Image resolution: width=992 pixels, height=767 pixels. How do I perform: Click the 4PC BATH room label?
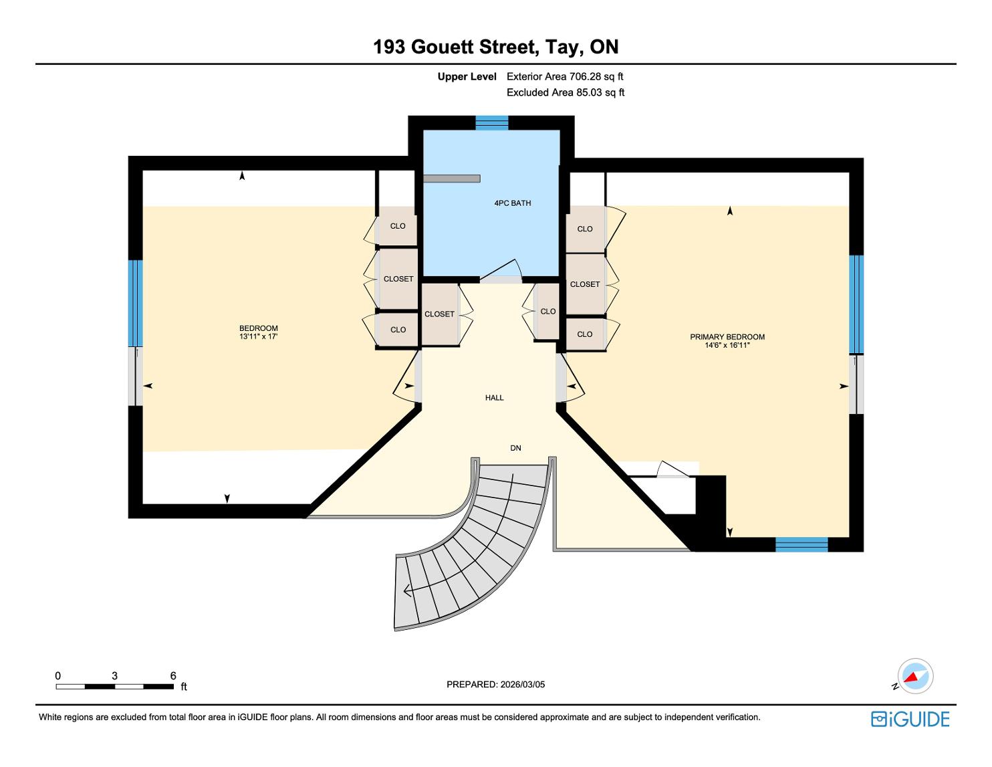pyautogui.click(x=512, y=203)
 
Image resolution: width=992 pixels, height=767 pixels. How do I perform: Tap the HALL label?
pyautogui.click(x=494, y=398)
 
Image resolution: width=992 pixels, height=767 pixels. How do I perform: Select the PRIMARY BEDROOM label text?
pyautogui.click(x=727, y=337)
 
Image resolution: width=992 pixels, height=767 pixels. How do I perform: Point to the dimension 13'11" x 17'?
pyautogui.click(x=259, y=336)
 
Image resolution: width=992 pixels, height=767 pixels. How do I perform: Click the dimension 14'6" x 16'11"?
pyautogui.click(x=727, y=345)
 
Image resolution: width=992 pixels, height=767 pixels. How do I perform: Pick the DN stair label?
pyautogui.click(x=515, y=448)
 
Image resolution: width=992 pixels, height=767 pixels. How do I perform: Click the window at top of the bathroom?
pyautogui.click(x=492, y=123)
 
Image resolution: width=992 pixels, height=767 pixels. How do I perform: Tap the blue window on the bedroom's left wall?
pyautogui.click(x=135, y=303)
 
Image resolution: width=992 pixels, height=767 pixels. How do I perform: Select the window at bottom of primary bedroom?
pyautogui.click(x=801, y=544)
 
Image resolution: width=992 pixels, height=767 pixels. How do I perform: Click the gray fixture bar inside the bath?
pyautogui.click(x=451, y=179)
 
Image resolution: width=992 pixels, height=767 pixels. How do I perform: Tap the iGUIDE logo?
pyautogui.click(x=910, y=719)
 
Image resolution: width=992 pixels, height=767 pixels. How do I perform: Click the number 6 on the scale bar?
pyautogui.click(x=173, y=675)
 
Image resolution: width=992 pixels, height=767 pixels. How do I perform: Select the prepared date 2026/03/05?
pyautogui.click(x=522, y=684)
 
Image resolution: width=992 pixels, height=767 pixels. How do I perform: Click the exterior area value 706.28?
pyautogui.click(x=585, y=77)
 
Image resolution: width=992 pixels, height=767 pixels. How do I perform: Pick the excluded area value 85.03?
pyautogui.click(x=589, y=92)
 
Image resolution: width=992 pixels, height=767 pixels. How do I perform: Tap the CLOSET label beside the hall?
pyautogui.click(x=439, y=314)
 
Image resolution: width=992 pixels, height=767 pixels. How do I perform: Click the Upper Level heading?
pyautogui.click(x=467, y=77)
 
